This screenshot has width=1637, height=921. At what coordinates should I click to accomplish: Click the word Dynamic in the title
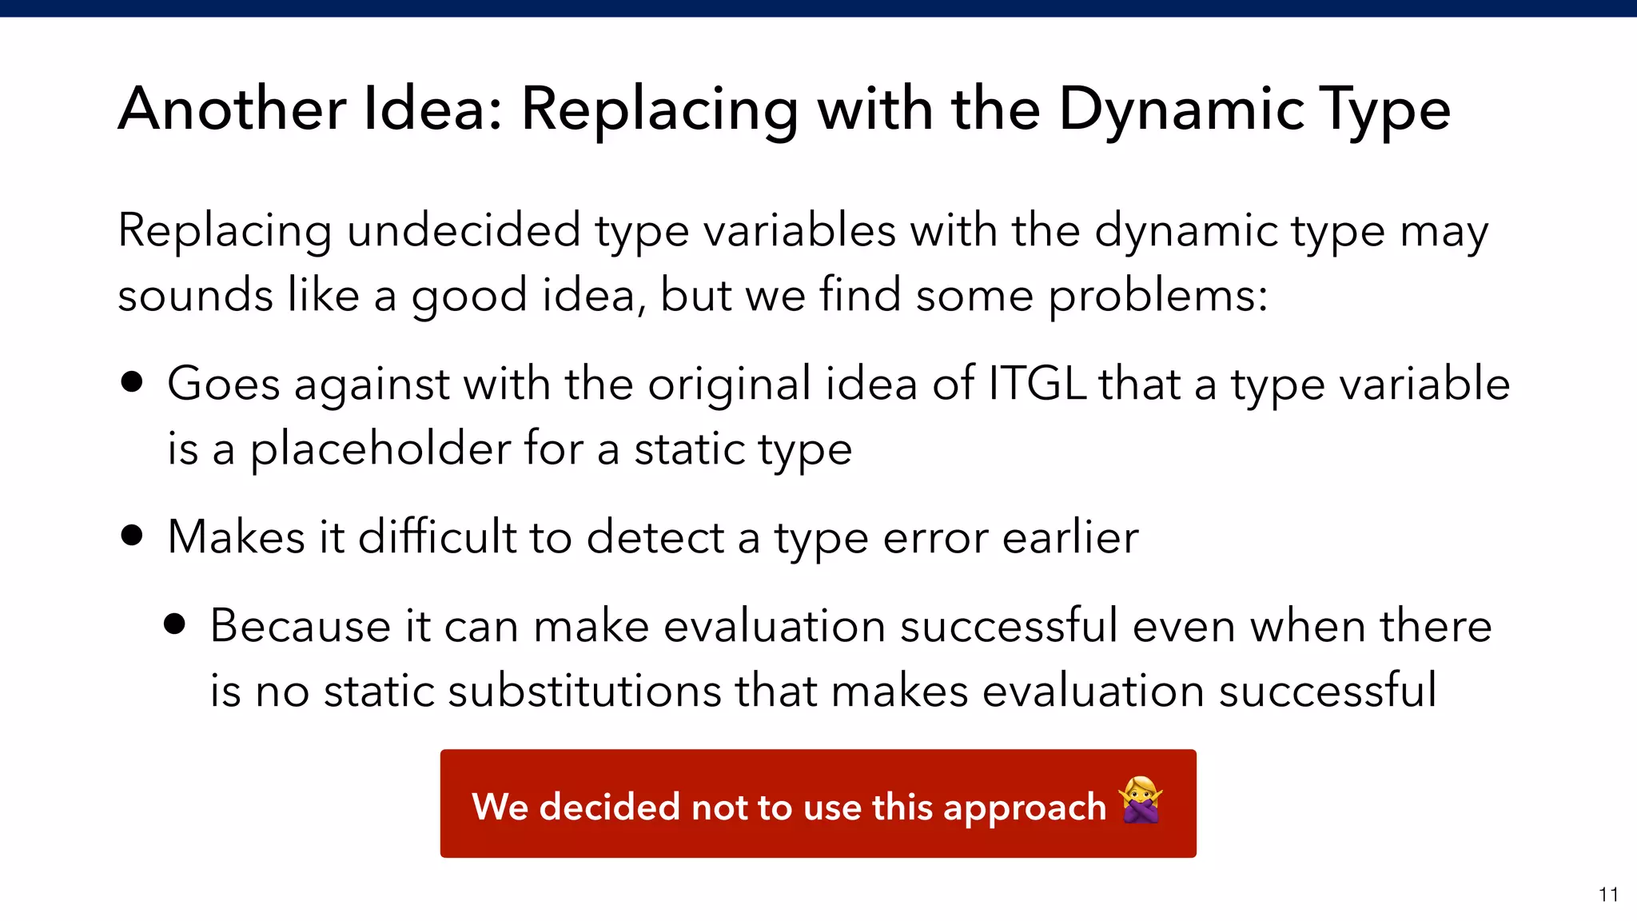click(1181, 110)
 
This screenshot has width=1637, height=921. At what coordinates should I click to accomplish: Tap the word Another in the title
click(232, 110)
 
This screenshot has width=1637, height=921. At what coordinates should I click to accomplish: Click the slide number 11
click(1608, 895)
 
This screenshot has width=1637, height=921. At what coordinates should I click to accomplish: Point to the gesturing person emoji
click(1141, 800)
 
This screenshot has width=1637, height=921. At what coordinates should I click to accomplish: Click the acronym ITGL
click(1037, 384)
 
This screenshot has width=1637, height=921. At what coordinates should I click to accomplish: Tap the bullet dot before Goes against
click(133, 382)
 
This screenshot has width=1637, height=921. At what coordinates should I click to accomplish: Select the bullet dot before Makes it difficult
click(133, 534)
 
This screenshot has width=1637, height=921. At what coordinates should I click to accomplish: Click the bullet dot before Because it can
click(174, 624)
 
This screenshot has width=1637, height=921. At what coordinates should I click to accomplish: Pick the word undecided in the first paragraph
click(463, 231)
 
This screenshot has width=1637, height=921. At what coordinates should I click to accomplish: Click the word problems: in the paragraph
click(1157, 296)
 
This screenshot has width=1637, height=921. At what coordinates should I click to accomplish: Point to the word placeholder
click(380, 449)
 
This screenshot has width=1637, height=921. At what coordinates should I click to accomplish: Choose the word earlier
click(1070, 537)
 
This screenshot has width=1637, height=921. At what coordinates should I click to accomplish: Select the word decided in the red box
click(610, 807)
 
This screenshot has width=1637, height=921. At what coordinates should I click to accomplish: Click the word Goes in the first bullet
click(224, 384)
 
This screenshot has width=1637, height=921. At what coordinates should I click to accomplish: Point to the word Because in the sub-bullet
click(300, 626)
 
